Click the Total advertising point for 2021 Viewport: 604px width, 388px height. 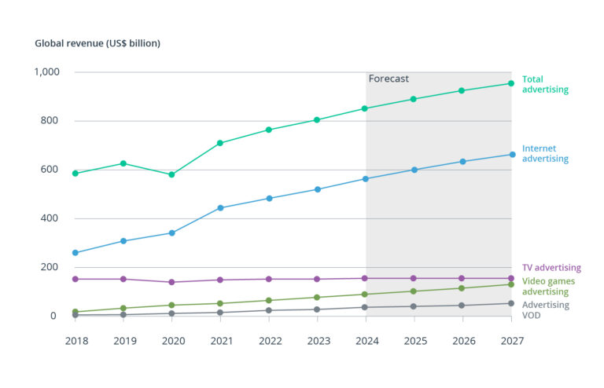220,143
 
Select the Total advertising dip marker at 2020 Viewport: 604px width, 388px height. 171,174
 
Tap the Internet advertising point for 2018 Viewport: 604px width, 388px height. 75,253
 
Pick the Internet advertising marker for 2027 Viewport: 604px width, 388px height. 511,155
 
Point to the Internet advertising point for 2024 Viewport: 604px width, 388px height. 366,179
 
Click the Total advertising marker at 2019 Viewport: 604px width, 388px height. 123,163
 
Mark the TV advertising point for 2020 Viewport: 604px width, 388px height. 171,282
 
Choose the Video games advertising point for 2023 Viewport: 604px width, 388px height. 317,298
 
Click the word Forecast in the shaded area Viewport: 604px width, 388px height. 389,79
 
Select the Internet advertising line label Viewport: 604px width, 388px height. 544,153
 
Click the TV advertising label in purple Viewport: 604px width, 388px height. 551,268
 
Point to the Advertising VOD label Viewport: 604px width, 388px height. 546,310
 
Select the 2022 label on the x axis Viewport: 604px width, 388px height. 269,342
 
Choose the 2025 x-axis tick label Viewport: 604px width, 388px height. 414,342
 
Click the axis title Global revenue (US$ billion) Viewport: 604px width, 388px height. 98,43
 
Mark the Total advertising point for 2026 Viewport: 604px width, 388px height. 462,91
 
